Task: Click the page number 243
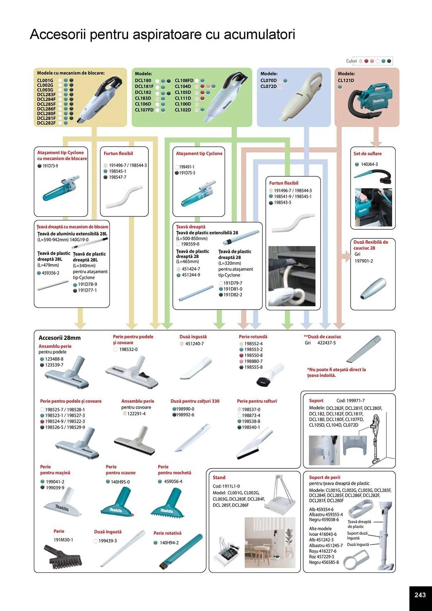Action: [x=420, y=595]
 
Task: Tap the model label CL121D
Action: [x=346, y=80]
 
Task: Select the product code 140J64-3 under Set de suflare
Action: [x=369, y=164]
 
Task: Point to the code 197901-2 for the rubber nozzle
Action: [x=364, y=261]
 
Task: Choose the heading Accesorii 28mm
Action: [x=60, y=338]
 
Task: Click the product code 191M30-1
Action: [x=63, y=540]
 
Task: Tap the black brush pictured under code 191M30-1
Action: [x=63, y=557]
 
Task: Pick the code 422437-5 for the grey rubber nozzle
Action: [x=326, y=343]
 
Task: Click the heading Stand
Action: [x=219, y=477]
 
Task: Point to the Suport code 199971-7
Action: [x=350, y=401]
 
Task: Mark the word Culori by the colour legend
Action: [x=351, y=61]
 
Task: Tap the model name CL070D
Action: [x=269, y=80]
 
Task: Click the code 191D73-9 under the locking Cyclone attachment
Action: [x=50, y=166]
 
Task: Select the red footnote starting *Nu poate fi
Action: [x=336, y=372]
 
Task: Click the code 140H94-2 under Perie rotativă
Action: [x=169, y=543]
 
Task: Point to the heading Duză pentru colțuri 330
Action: [x=195, y=401]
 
